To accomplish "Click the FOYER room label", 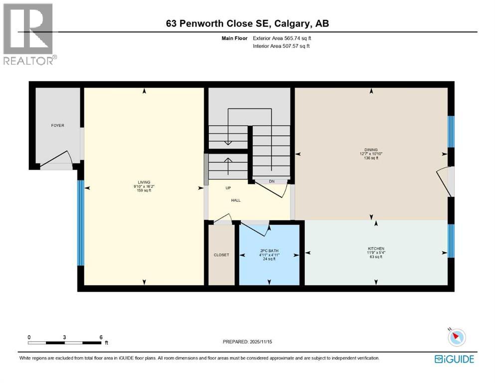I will pos(58,126).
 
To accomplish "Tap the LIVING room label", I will pos(144,182).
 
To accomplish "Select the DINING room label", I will pos(371,149).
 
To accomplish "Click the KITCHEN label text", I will pos(376,248).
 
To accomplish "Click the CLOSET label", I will pos(221,255).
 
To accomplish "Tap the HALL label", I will pos(236,200).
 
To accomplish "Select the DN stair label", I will pos(272,182).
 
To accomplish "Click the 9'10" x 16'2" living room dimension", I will pos(144,187).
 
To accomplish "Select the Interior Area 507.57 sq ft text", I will pos(282,46).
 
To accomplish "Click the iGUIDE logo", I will pos(454,359).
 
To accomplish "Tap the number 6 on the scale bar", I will pos(101,337).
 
